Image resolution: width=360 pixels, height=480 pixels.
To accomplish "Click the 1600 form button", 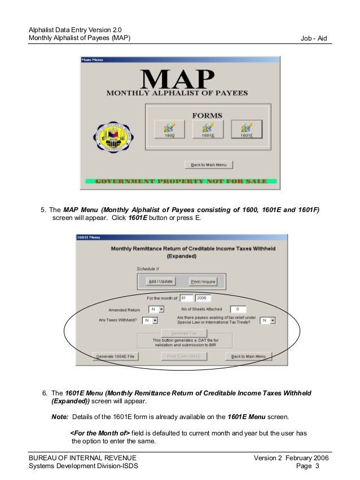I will tap(169, 130).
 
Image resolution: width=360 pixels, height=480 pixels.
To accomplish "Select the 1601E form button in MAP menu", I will tap(208, 130).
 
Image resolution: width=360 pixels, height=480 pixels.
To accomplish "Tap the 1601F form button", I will tap(246, 130).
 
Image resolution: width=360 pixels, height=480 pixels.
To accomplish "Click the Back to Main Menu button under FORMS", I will tap(209, 165).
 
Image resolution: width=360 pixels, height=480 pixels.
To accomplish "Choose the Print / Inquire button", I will tap(203, 281).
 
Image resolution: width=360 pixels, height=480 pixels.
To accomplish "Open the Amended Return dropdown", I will tap(156, 309).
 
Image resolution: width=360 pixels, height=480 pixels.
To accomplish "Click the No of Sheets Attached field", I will tap(238, 309).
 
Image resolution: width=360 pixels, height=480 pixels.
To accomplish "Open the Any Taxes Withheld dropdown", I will tap(150, 320).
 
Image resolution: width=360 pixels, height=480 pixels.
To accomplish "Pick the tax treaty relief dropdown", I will tap(267, 320).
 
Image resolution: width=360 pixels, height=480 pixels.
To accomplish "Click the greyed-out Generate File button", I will tap(177, 333).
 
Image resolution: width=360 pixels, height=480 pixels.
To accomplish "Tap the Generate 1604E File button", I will tap(115, 356).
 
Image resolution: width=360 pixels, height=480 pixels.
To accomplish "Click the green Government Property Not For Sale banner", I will tap(181, 182).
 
